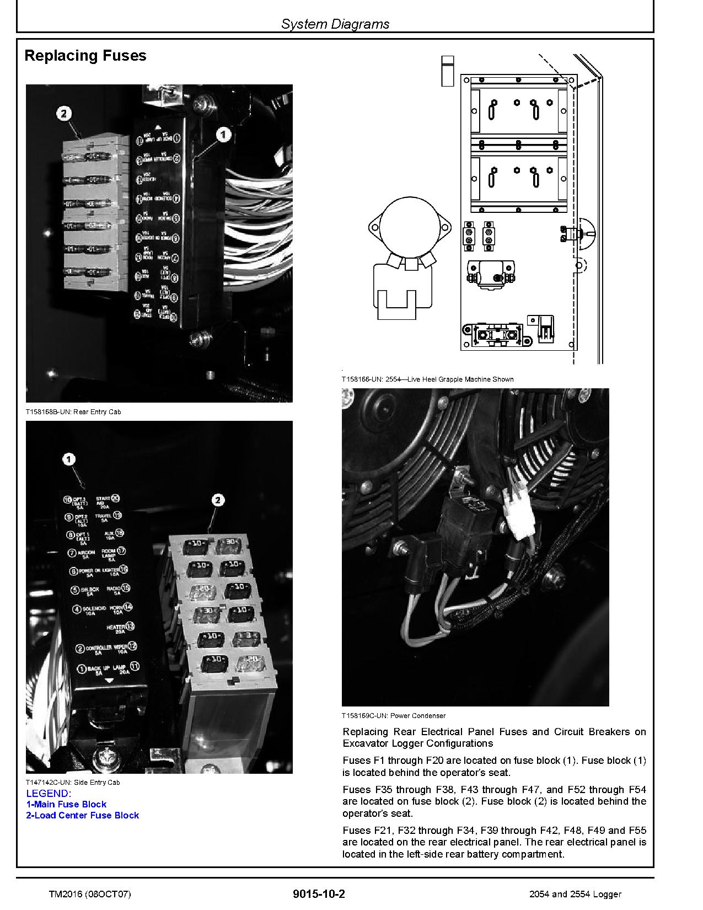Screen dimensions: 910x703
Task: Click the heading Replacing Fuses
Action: [85, 56]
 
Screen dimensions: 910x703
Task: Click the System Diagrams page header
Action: [335, 24]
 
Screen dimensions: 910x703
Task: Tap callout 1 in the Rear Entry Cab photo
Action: [223, 134]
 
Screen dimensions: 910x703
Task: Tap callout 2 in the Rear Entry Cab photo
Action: [63, 114]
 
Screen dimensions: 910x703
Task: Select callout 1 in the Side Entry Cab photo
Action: [69, 459]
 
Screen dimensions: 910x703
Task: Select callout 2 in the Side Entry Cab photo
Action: [218, 500]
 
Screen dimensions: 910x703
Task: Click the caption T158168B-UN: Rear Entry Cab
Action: [73, 411]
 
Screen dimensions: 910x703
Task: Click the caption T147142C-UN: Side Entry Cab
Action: [73, 782]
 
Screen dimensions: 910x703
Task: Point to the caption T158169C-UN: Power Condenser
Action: [394, 715]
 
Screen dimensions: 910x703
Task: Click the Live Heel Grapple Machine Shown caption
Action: [427, 379]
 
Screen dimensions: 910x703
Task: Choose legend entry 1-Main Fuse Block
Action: [66, 804]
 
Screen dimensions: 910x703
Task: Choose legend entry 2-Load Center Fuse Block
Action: [83, 815]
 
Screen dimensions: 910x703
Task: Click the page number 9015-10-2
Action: [319, 894]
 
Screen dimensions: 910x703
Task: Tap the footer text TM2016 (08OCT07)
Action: [90, 894]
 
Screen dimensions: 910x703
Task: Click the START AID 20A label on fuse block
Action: [106, 502]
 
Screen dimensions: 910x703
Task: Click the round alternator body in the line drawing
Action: [407, 228]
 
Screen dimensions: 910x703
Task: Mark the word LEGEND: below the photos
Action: [49, 793]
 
